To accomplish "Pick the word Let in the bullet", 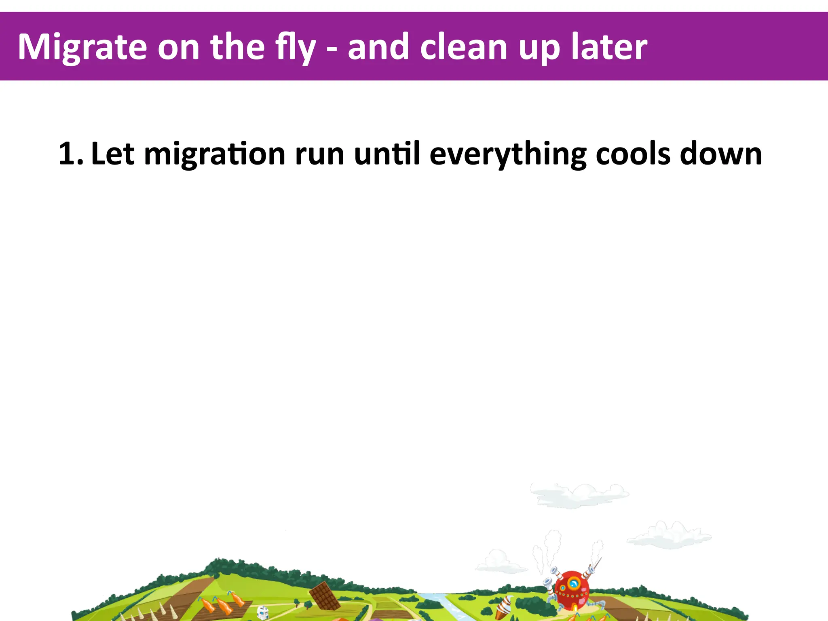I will coord(112,154).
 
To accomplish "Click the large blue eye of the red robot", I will coord(573,583).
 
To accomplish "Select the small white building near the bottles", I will coord(263,612).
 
